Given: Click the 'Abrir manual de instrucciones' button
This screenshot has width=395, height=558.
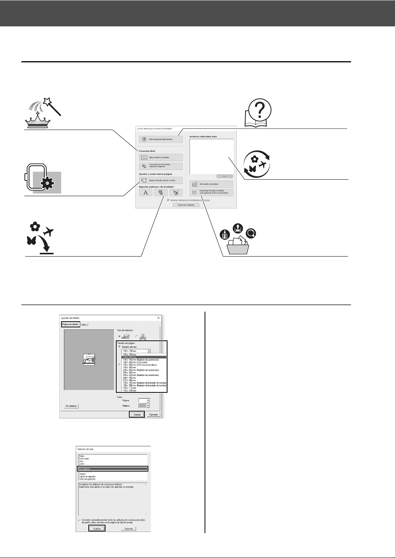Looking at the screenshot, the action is [x=161, y=140].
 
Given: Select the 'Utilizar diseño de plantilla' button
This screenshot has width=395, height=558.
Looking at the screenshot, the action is [x=161, y=157].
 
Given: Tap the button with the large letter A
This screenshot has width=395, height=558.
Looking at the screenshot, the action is [x=145, y=193].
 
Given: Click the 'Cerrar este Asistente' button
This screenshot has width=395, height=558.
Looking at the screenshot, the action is [x=186, y=205].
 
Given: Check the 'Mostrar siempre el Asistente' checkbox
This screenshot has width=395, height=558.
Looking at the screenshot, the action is [x=168, y=200].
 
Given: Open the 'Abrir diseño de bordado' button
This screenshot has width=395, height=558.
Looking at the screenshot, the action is [x=211, y=184].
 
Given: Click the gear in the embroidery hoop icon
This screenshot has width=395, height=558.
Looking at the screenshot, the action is [x=47, y=183].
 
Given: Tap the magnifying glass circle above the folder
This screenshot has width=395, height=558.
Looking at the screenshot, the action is [x=252, y=233].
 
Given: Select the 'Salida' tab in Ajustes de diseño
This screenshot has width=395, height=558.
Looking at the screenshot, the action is [x=84, y=325].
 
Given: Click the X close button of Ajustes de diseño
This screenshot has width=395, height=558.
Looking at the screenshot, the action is [x=158, y=318].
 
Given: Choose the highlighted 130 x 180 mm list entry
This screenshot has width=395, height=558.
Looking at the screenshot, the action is [x=144, y=357].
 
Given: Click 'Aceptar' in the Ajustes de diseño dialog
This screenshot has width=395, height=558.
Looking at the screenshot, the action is [x=137, y=414].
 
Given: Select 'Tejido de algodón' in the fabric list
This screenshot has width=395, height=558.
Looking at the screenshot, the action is [x=88, y=477].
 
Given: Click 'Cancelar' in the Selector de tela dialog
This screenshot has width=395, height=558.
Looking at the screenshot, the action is [x=128, y=529].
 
